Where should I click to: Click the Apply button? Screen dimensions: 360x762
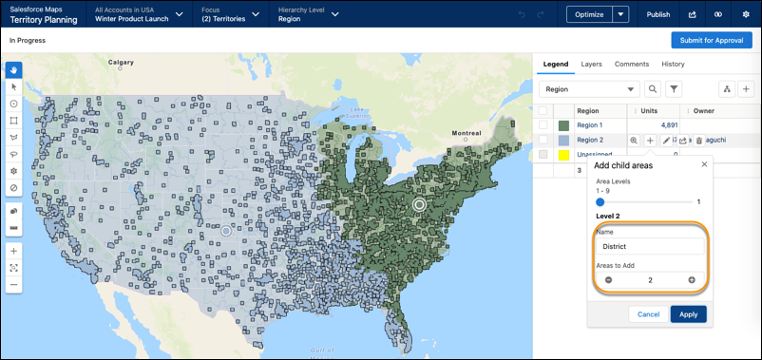[x=688, y=313]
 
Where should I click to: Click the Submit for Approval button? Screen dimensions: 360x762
[x=711, y=40]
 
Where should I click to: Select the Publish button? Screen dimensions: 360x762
[x=657, y=14]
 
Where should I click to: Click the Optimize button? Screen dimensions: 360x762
[x=589, y=14]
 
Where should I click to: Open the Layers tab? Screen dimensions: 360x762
[x=591, y=65]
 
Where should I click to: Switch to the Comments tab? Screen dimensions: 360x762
[x=632, y=65]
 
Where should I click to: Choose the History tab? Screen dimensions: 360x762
[x=673, y=65]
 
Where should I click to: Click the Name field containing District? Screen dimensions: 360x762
[x=650, y=247]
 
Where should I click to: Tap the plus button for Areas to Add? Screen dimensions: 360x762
[x=692, y=280]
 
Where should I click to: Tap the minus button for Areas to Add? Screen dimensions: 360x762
[x=608, y=280]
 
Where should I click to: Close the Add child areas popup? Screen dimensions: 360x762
[x=704, y=164]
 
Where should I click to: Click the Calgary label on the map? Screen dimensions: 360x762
[x=121, y=63]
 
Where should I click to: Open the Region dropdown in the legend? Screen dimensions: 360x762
[x=589, y=89]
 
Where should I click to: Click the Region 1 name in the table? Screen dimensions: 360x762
[x=591, y=125]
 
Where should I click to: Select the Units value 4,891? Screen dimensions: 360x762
[x=669, y=125]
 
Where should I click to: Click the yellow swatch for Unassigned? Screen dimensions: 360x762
[x=563, y=154]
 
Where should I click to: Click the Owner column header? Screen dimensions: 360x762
[x=704, y=111]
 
